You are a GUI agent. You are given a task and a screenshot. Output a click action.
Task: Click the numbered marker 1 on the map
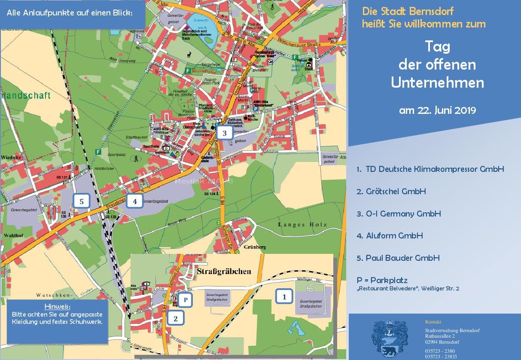[284, 296]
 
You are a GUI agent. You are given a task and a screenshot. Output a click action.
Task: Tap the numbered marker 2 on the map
[176, 318]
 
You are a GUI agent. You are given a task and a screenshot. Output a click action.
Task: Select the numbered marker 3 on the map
[225, 133]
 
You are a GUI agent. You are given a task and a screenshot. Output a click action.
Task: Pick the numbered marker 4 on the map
[135, 201]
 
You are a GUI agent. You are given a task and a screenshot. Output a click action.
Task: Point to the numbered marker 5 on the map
[81, 201]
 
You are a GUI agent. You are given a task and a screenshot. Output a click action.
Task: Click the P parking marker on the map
[185, 299]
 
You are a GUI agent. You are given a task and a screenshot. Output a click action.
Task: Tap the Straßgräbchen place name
[223, 272]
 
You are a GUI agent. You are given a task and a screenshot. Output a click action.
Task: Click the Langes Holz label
[302, 224]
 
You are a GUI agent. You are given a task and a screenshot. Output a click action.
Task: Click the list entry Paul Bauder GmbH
[398, 258]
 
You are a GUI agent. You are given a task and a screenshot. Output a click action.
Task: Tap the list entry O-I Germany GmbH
[399, 214]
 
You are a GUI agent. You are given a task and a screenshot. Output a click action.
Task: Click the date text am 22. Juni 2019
[437, 110]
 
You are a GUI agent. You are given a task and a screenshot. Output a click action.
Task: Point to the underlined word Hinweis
[57, 306]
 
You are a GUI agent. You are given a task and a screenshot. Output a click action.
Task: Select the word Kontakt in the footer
[433, 322]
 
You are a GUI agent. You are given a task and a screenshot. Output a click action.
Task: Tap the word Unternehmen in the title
[437, 82]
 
